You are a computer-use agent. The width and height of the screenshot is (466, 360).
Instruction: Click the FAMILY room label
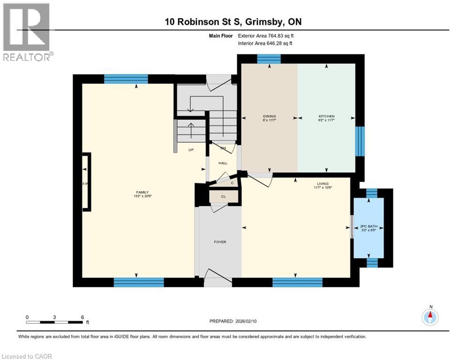[142, 192]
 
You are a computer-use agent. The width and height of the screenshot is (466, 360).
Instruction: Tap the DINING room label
[269, 116]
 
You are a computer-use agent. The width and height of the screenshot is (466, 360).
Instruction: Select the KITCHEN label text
[326, 116]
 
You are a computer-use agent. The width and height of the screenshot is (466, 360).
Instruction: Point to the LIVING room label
[323, 184]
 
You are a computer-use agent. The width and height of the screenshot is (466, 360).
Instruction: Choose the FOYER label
[220, 242]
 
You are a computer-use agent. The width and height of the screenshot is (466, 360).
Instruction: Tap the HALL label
[223, 163]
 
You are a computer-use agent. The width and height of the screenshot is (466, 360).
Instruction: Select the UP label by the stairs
[191, 150]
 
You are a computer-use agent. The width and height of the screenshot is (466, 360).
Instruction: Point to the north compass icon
[429, 317]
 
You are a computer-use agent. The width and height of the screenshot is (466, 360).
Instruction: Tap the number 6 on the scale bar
[82, 317]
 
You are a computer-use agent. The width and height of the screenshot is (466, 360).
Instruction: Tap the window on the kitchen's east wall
[360, 141]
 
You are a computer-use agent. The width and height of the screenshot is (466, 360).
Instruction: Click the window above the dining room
[269, 59]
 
